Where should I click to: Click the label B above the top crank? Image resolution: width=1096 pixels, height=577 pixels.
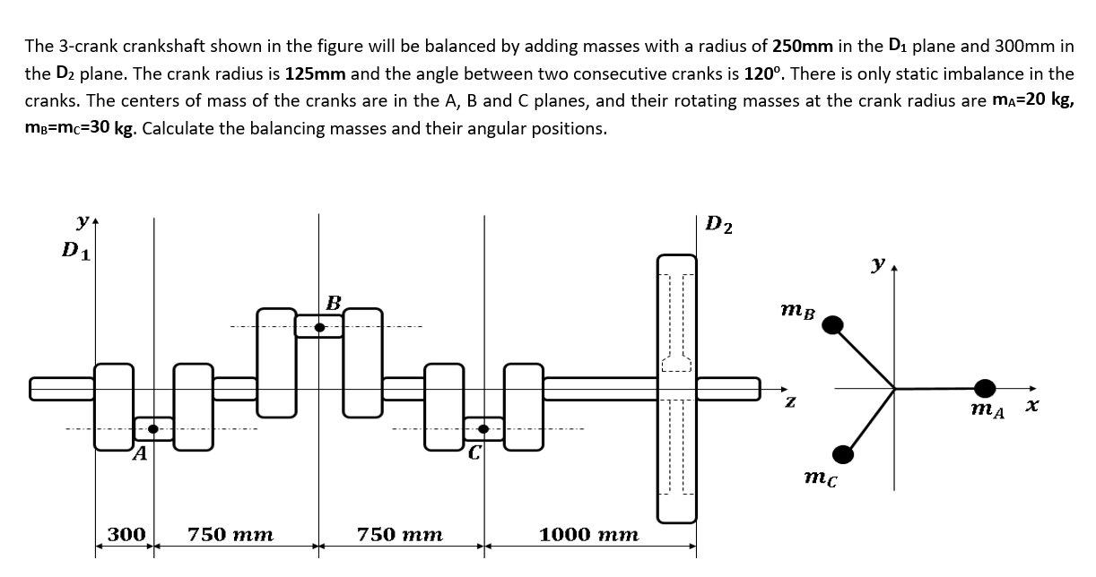[x=334, y=303]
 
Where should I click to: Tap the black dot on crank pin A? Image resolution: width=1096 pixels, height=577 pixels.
[x=153, y=430]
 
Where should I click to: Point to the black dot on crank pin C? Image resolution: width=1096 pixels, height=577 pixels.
[x=484, y=430]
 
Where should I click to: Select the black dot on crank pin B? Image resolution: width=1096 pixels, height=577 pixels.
[x=319, y=327]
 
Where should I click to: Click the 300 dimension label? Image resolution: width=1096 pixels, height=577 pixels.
[x=126, y=535]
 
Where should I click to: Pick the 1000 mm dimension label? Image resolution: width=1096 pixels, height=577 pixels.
[x=588, y=535]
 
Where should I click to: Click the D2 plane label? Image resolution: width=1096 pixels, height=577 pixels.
[x=718, y=224]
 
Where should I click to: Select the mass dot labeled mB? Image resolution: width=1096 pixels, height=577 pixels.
[x=833, y=323]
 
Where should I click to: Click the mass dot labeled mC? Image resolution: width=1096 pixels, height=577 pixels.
[x=841, y=454]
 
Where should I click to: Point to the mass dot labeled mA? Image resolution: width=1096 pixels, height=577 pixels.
[x=986, y=388]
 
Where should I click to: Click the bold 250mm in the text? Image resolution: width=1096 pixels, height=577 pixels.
[x=802, y=45]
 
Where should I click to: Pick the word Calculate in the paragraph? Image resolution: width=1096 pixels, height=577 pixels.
[x=176, y=127]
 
